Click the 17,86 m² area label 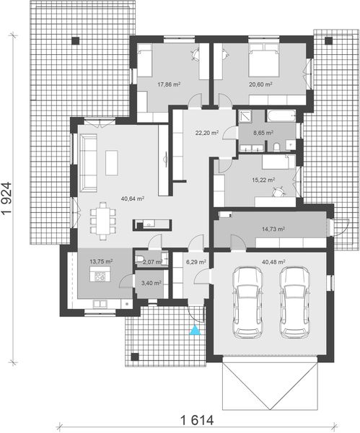pos(168,84)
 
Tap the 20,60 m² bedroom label pos(260,84)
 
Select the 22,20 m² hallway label pos(207,133)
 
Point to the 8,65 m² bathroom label pos(263,133)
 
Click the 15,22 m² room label pos(265,180)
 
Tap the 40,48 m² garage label pos(273,262)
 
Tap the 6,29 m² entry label pos(196,262)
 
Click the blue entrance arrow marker pos(193,331)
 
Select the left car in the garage pos(247,301)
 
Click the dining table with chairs pos(107,220)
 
